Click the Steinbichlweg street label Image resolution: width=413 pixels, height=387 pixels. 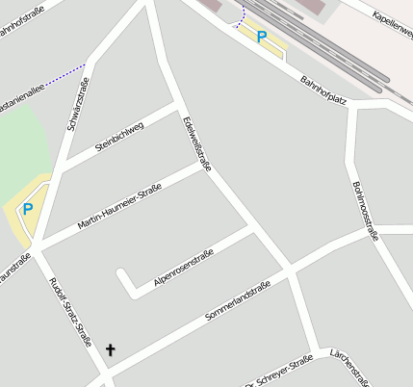point(119,138)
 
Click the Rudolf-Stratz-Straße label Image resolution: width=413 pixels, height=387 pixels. point(70,312)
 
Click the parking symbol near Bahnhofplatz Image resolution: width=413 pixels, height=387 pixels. point(261,37)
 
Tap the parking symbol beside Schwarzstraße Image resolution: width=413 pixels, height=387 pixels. point(28,208)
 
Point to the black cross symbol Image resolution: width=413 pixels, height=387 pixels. point(110,350)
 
